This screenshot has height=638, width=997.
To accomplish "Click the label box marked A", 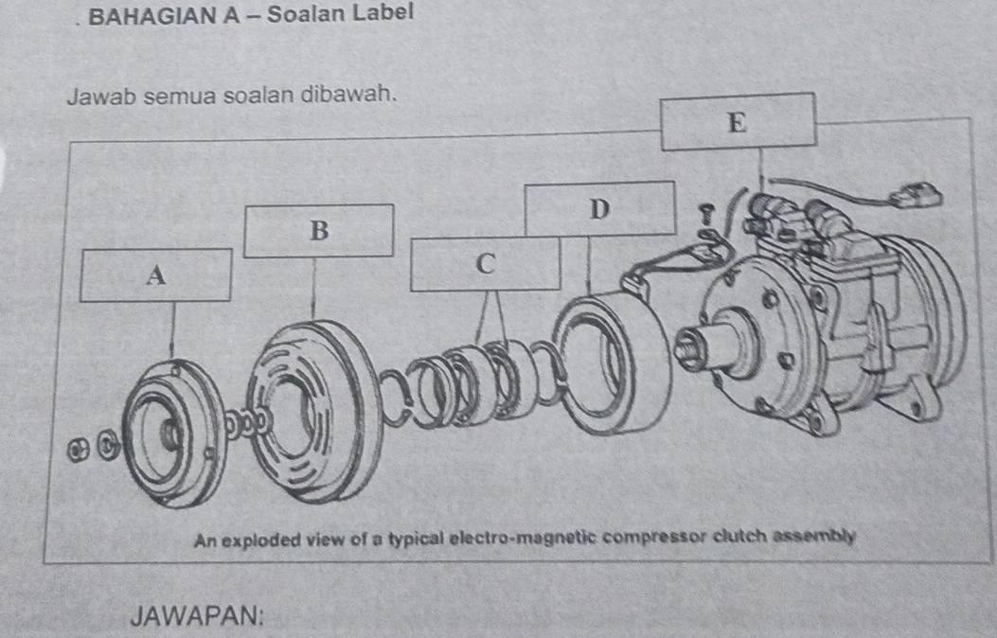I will coord(155,275).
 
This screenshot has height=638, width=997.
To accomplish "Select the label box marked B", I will coord(318,230).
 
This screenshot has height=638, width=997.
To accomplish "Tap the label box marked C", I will coord(486,263).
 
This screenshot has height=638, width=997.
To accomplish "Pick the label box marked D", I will coord(598,208).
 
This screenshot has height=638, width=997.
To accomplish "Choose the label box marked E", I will coord(738,121).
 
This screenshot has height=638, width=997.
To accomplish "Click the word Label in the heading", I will coord(383,12).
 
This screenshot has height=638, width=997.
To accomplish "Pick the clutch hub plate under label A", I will coord(169,430).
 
